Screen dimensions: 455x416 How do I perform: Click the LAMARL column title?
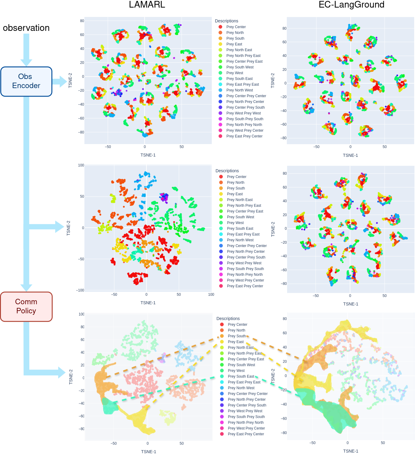tap(147, 5)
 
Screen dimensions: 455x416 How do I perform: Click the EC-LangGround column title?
tap(351, 5)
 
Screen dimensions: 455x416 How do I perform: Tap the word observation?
tap(26, 28)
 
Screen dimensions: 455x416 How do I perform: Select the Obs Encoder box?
tap(26, 81)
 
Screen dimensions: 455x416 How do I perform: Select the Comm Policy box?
tap(26, 306)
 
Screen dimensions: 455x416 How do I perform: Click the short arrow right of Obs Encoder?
tap(59, 81)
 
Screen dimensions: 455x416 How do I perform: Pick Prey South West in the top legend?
tap(240, 67)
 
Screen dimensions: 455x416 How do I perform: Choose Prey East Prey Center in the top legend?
tap(244, 136)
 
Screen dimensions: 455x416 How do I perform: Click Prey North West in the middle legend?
tap(240, 240)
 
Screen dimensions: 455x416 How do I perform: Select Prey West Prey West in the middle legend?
tap(244, 263)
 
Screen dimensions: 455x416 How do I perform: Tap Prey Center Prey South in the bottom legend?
tap(247, 405)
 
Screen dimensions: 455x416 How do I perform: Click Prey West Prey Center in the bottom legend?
tap(246, 428)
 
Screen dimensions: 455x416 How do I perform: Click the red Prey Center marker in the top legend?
tap(220, 27)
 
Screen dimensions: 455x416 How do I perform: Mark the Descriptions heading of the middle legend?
tap(227, 171)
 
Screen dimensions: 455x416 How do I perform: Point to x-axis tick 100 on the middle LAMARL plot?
tap(211, 294)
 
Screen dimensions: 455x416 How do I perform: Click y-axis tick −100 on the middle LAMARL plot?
tap(80, 290)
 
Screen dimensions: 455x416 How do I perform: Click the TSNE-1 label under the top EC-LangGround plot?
tap(350, 155)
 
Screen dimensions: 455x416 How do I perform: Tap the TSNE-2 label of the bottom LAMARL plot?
tap(71, 377)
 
